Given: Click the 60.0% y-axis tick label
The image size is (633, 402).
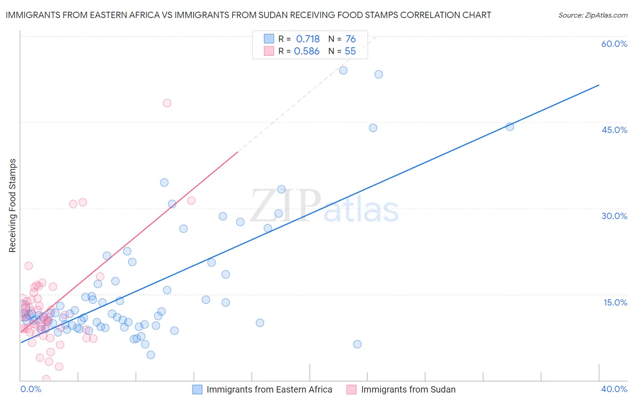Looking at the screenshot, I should [x=614, y=44].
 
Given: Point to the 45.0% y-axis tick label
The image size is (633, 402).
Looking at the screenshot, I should [x=614, y=130].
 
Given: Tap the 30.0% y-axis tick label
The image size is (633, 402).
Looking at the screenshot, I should [x=614, y=216].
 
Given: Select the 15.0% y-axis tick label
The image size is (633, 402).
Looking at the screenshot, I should [x=615, y=302].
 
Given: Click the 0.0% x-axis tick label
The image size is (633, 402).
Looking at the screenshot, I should [x=31, y=389].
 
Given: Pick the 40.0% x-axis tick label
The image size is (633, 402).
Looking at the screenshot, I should [x=614, y=389].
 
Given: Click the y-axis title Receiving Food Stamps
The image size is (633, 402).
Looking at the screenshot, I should [x=12, y=206].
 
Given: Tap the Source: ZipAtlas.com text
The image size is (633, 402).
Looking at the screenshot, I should [x=592, y=15].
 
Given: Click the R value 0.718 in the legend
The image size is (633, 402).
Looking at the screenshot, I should [x=307, y=39].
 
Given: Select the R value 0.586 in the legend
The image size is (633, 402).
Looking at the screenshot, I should [x=307, y=51].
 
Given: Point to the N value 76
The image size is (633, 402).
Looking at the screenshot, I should [x=350, y=39].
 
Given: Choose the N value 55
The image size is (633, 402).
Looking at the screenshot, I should [x=350, y=51].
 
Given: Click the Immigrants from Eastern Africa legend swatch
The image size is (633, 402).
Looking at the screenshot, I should [x=197, y=389].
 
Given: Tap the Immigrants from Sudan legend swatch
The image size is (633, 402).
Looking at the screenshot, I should [x=352, y=389].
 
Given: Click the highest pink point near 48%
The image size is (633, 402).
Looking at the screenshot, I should [x=167, y=103].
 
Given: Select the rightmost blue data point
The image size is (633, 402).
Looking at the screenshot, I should [x=510, y=127].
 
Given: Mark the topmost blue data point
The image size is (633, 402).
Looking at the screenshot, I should [x=343, y=70].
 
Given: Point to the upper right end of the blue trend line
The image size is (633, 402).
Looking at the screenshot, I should [x=599, y=85].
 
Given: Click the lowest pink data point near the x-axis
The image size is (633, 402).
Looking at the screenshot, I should [x=46, y=379].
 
